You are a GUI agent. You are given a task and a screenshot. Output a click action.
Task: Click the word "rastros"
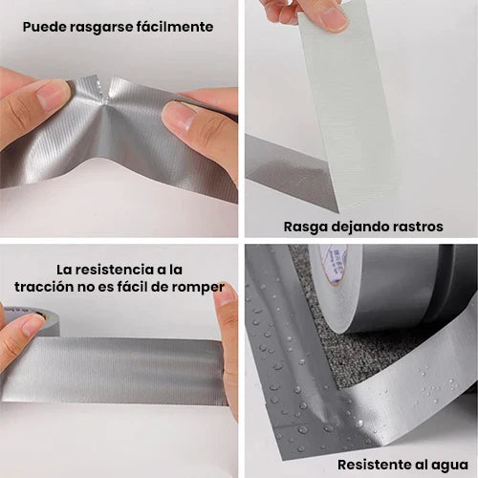[x=416, y=227]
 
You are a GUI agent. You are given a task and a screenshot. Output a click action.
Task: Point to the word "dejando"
[x=357, y=227]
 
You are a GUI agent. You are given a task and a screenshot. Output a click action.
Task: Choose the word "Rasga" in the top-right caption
[x=305, y=227]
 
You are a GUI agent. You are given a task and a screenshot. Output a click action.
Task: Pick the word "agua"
[x=448, y=465]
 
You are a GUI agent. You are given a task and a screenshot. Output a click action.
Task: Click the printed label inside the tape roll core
[x=335, y=260]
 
